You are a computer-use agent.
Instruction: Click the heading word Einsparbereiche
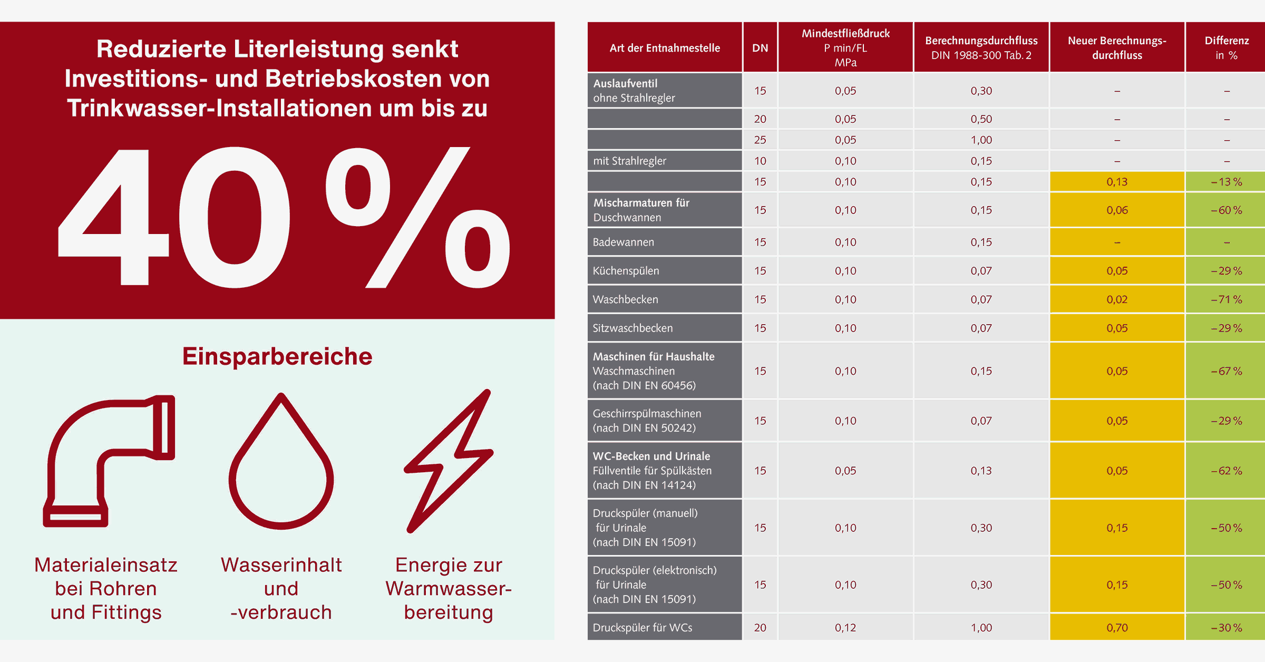pyautogui.click(x=277, y=356)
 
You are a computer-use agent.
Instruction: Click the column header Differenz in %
pyautogui.click(x=1226, y=47)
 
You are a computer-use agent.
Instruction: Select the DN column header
pyautogui.click(x=760, y=48)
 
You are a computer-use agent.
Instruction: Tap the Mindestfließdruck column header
pyautogui.click(x=845, y=47)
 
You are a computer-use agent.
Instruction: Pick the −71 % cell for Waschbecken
pyautogui.click(x=1226, y=299)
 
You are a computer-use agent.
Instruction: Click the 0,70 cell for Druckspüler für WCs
pyautogui.click(x=1117, y=627)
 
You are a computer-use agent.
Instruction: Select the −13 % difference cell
pyautogui.click(x=1226, y=182)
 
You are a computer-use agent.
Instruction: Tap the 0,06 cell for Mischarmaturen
pyautogui.click(x=1117, y=210)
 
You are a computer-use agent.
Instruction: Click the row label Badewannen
pyautogui.click(x=623, y=242)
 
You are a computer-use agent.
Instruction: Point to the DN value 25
pyautogui.click(x=760, y=140)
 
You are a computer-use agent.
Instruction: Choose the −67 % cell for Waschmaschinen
pyautogui.click(x=1226, y=371)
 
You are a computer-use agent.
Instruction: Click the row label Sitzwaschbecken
pyautogui.click(x=632, y=328)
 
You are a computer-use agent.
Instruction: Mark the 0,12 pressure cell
pyautogui.click(x=845, y=627)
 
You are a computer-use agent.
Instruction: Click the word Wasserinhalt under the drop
pyautogui.click(x=281, y=565)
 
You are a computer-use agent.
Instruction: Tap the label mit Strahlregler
pyautogui.click(x=629, y=161)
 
